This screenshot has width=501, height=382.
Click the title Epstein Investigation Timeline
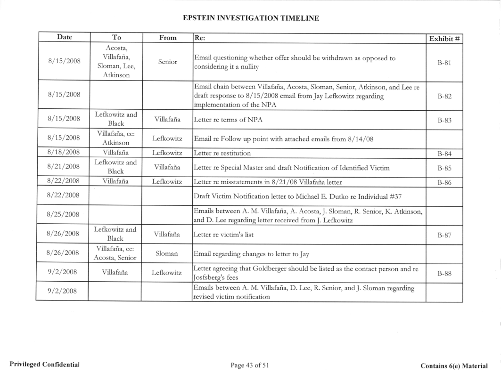250,18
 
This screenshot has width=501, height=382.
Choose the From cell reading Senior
168,61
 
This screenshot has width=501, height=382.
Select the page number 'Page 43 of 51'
250,365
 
